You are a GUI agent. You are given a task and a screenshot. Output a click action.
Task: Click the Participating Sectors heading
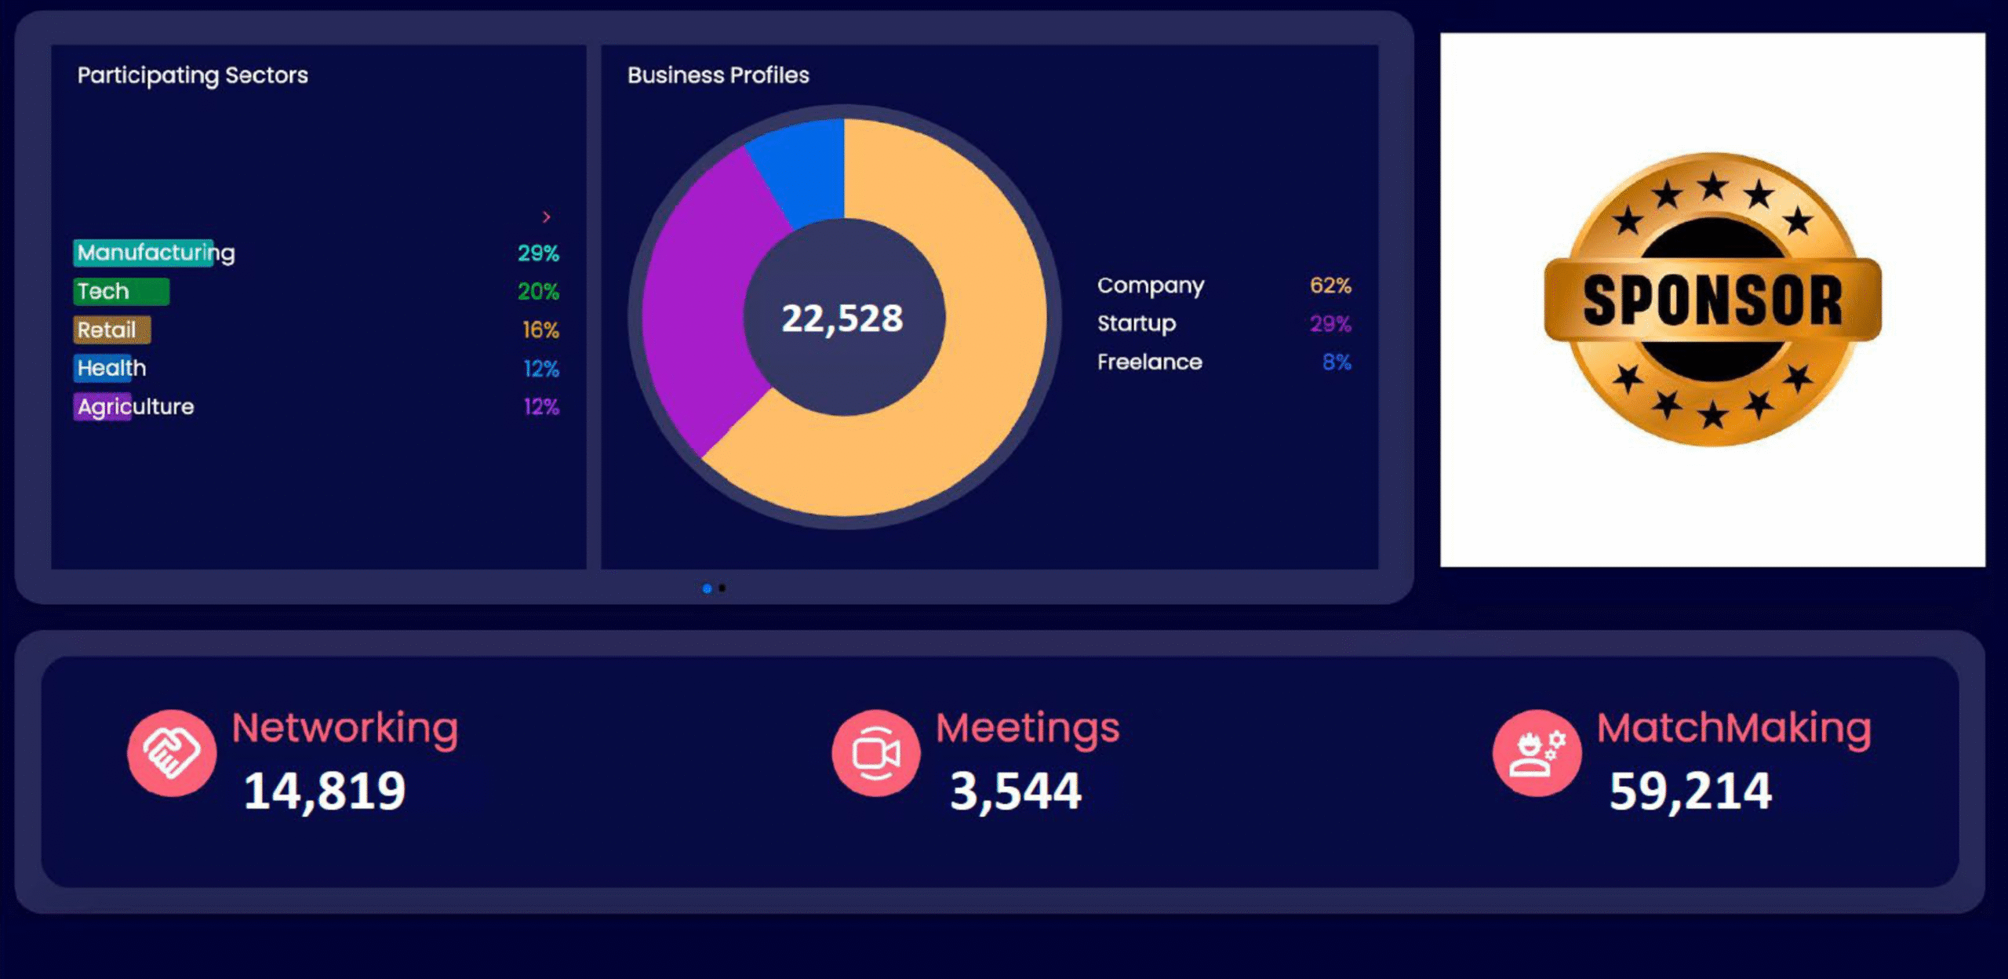(x=192, y=75)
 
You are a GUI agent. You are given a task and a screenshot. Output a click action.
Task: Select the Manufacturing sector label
(x=155, y=253)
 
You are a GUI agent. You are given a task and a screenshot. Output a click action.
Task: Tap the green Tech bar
(x=122, y=292)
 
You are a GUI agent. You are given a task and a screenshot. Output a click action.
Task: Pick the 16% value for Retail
(x=540, y=330)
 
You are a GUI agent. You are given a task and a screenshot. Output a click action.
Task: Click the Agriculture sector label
(x=135, y=406)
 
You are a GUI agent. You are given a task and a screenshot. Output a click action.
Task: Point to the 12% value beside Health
(x=540, y=369)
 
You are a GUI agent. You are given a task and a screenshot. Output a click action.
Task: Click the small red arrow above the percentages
(x=547, y=217)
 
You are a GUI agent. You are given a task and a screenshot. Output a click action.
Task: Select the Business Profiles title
(x=718, y=75)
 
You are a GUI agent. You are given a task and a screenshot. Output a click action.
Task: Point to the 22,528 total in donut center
(x=842, y=318)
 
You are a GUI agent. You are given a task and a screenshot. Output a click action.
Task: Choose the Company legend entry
(x=1150, y=286)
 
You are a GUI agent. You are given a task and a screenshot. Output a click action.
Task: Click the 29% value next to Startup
(x=1330, y=323)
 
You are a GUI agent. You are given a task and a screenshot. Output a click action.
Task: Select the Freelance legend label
(x=1149, y=362)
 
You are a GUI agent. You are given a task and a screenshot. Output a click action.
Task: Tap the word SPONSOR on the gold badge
(x=1712, y=300)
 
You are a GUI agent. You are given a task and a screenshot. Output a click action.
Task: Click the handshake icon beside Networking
(x=172, y=753)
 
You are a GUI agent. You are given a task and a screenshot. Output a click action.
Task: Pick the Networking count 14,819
(x=324, y=790)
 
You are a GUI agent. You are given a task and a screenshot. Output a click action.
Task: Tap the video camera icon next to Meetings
(x=875, y=753)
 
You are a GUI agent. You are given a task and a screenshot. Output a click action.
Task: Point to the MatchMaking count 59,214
(x=1690, y=790)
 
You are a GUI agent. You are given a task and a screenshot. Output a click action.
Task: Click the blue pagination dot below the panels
(x=707, y=588)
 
